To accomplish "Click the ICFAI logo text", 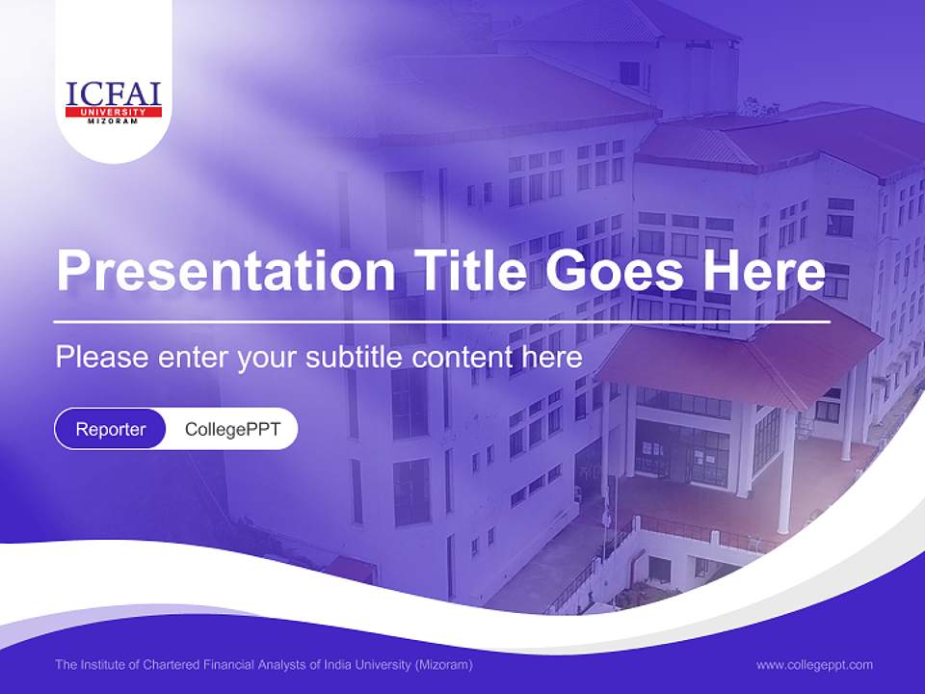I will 113,94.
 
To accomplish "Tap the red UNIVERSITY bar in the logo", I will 113,112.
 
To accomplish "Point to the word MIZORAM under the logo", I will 113,121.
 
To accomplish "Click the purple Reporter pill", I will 111,429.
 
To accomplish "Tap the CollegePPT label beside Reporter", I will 232,429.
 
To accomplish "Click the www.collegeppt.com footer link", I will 814,664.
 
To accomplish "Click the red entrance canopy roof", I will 742,357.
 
